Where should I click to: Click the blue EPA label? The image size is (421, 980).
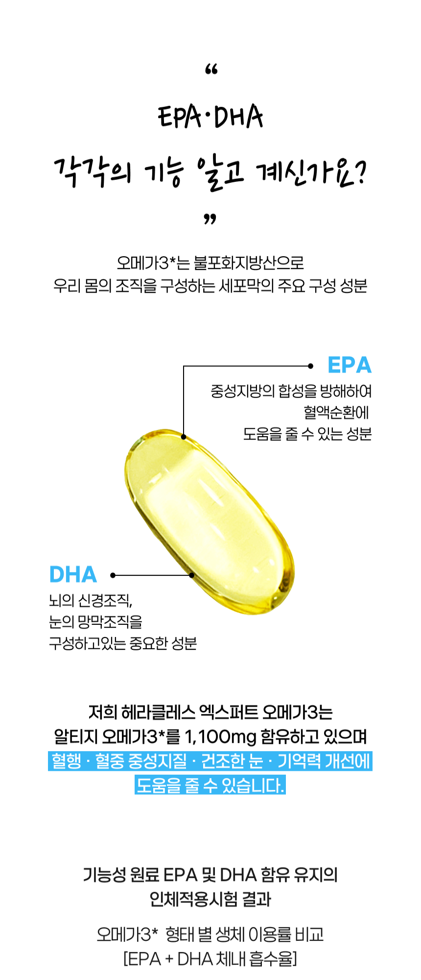[x=350, y=365]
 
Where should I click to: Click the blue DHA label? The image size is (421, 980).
[x=73, y=575]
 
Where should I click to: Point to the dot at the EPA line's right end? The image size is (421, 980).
[x=311, y=366]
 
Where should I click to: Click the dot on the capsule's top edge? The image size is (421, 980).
[x=184, y=437]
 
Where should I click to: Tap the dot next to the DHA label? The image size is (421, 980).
[x=113, y=575]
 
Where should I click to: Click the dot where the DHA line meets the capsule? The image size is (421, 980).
[x=192, y=575]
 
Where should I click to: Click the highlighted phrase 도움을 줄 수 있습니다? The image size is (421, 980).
[x=210, y=785]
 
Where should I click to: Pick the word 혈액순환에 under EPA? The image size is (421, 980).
[x=336, y=413]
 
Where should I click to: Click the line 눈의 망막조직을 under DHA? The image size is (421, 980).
[x=96, y=622]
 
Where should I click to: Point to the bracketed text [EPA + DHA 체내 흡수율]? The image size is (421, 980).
[x=210, y=958]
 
